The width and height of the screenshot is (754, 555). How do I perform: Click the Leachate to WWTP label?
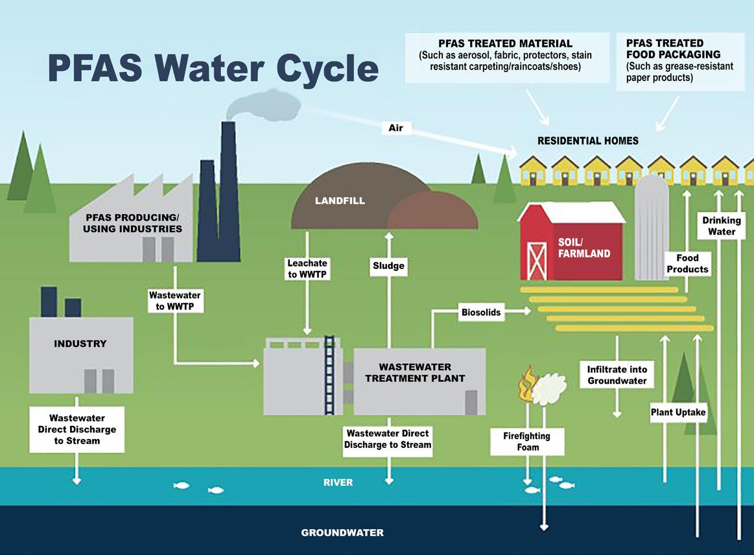[307, 269]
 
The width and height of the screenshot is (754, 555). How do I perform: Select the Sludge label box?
[388, 265]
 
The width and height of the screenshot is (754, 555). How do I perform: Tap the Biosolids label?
[481, 312]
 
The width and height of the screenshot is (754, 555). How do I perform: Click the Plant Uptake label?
[678, 412]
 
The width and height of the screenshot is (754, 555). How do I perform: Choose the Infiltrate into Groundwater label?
[617, 375]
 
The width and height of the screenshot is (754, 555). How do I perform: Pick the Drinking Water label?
[722, 226]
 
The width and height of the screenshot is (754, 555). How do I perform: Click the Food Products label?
[687, 263]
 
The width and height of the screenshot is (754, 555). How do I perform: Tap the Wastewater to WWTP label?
[174, 301]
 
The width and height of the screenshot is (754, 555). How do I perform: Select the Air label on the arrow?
[395, 128]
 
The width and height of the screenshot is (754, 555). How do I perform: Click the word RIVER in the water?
[338, 482]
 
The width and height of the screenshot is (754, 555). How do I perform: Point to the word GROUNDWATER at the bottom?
[342, 532]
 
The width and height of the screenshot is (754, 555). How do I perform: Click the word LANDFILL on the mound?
[340, 200]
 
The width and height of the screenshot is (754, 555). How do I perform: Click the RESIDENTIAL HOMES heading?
[587, 141]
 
